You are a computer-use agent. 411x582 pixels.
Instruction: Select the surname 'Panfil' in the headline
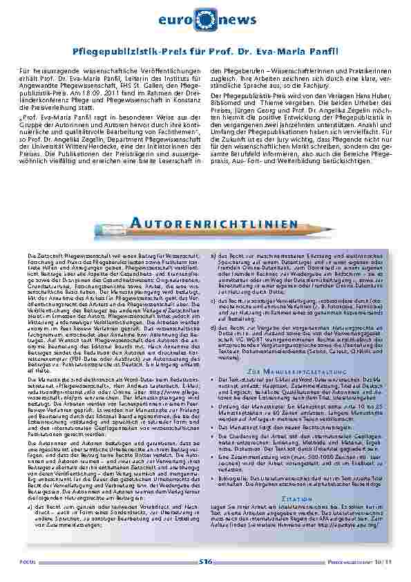(x=320, y=52)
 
